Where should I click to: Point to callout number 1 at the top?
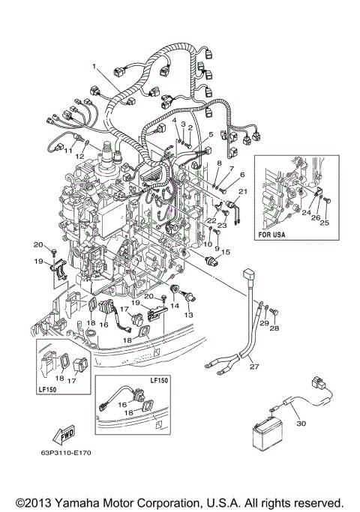[x=95, y=66]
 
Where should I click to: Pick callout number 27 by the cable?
[x=253, y=367]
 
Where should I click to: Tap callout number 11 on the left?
[x=67, y=151]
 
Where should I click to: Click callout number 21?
[x=242, y=192]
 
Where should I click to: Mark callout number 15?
[x=226, y=252]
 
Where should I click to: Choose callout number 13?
[x=189, y=316]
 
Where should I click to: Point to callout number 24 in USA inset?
[x=307, y=212]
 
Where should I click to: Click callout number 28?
[x=274, y=329]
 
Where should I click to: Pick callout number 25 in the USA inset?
[x=324, y=223]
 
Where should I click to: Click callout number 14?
[x=174, y=306]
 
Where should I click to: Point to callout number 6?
[x=241, y=174]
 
